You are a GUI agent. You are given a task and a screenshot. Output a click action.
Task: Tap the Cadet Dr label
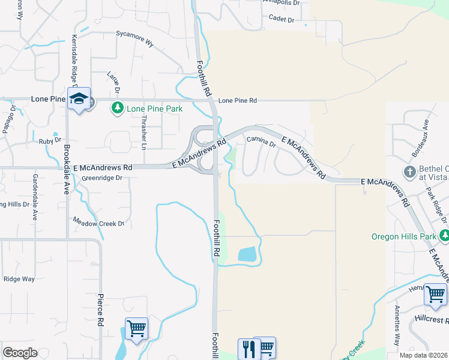pos(282,20)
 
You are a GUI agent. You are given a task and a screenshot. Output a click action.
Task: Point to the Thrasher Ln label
pos(143,133)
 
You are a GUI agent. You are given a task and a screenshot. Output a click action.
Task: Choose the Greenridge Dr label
pos(102,178)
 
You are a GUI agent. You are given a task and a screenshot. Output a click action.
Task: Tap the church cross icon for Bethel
pos(410,172)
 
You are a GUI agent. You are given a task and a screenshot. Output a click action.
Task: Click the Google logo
pos(20,353)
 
